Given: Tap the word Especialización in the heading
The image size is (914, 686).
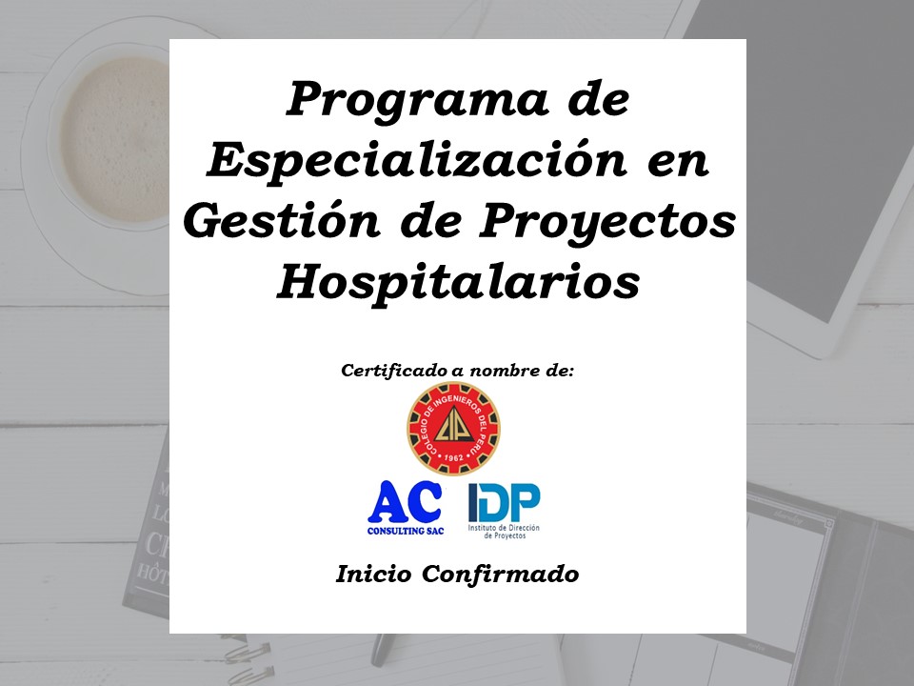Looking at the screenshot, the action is (x=417, y=160).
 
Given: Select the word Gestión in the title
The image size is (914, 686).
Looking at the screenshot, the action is (x=282, y=220).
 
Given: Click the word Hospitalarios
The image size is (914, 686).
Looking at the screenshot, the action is (x=458, y=284).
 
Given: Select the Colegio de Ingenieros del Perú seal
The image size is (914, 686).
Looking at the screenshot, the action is (x=453, y=429).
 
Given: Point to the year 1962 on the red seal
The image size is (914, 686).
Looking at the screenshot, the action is (x=453, y=458).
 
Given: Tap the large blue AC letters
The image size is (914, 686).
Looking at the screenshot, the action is (x=406, y=502).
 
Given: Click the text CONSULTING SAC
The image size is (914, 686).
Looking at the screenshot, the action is (x=406, y=531).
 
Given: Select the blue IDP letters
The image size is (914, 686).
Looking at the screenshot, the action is (x=505, y=502).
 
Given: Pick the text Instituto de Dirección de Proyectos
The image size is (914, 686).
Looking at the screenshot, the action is (x=505, y=532).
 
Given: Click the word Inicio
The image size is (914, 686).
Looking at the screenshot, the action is (x=373, y=574).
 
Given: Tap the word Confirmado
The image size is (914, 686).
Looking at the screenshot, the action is (x=500, y=574).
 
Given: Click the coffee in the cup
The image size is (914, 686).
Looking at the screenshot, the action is (x=115, y=139).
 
